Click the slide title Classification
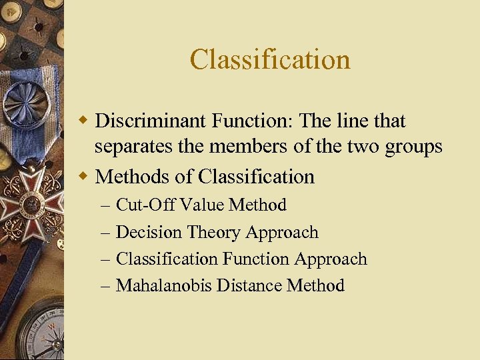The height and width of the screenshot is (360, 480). (270, 59)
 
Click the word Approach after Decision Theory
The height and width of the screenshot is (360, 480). (282, 233)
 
